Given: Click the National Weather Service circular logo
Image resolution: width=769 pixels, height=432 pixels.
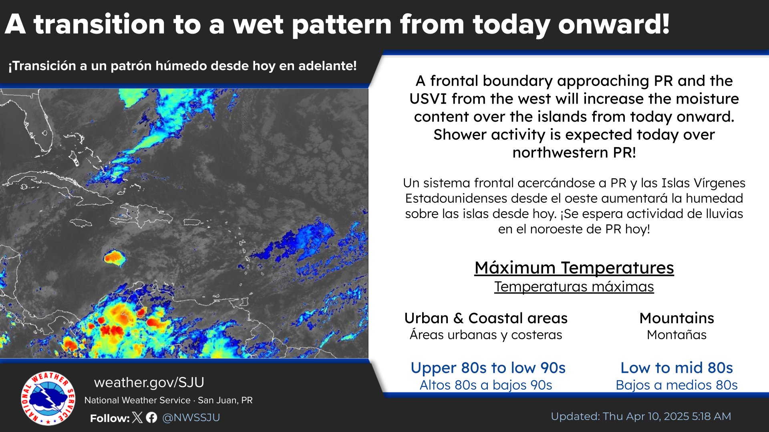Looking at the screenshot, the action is (48, 398).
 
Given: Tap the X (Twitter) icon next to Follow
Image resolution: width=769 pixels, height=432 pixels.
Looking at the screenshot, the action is (137, 418).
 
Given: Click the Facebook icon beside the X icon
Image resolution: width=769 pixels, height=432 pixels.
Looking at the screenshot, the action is (151, 418).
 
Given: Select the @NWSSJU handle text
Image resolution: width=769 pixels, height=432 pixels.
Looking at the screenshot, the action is (191, 418).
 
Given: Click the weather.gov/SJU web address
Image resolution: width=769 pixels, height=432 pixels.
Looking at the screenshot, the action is (149, 382).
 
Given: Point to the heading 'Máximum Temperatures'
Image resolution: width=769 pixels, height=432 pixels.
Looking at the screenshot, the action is (574, 268).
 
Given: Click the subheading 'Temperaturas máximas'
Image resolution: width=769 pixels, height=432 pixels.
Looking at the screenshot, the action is (574, 286).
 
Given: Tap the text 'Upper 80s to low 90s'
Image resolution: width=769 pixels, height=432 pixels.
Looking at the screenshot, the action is (488, 368).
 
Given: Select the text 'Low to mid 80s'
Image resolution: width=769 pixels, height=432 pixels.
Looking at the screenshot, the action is (676, 368).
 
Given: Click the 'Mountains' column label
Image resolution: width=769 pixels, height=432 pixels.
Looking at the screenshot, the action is (676, 318).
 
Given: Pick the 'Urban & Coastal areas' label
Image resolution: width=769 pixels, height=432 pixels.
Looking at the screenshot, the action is (486, 318).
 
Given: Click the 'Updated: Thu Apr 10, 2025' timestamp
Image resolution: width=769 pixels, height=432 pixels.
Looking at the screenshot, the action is (620, 416).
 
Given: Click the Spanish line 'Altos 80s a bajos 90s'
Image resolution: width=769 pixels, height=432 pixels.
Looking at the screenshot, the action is (486, 385).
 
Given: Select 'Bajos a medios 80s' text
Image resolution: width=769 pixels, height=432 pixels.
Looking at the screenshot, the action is (676, 385).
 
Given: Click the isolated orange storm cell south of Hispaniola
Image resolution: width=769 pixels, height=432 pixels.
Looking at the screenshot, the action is (114, 258).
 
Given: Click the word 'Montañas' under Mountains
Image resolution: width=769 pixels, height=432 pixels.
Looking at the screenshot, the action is (676, 335).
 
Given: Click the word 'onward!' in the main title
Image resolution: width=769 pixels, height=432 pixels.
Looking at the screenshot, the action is (614, 25).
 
